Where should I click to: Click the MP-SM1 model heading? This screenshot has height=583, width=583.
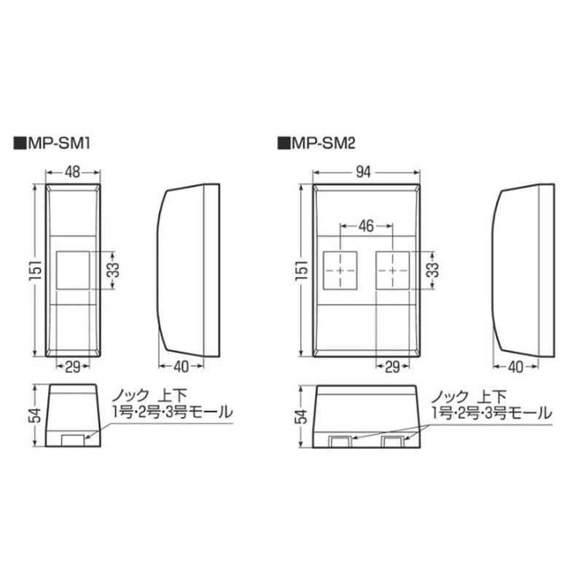[x=52, y=143]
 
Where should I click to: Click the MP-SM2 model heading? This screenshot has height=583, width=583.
[x=316, y=143]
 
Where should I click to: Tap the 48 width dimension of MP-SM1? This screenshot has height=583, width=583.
[x=72, y=172]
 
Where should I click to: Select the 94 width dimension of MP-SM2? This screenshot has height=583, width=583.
[x=363, y=172]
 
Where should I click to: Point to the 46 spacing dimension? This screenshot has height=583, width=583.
[x=366, y=226]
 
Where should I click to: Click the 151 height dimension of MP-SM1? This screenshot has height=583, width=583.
[x=36, y=270]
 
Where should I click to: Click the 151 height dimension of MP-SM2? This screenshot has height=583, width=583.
[x=302, y=270]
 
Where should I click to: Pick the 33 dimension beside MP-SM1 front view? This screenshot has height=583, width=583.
[x=115, y=270]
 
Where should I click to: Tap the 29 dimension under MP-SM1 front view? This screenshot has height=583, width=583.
[x=73, y=367]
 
